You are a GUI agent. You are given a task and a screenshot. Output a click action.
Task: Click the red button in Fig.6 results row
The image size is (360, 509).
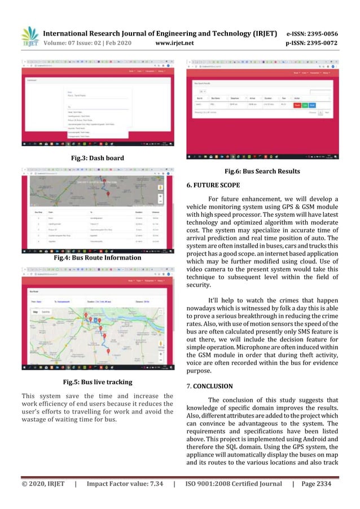pyautogui.click(x=297, y=104)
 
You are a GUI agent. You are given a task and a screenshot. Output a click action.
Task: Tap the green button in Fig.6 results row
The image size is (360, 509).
pyautogui.click(x=305, y=104)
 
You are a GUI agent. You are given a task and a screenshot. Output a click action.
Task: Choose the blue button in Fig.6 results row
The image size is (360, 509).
pyautogui.click(x=313, y=104)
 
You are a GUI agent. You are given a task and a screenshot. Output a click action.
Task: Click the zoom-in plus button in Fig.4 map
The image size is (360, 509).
pyautogui.click(x=160, y=196)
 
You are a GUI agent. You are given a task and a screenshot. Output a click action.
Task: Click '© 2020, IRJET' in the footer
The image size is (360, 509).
pyautogui.click(x=43, y=484)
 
